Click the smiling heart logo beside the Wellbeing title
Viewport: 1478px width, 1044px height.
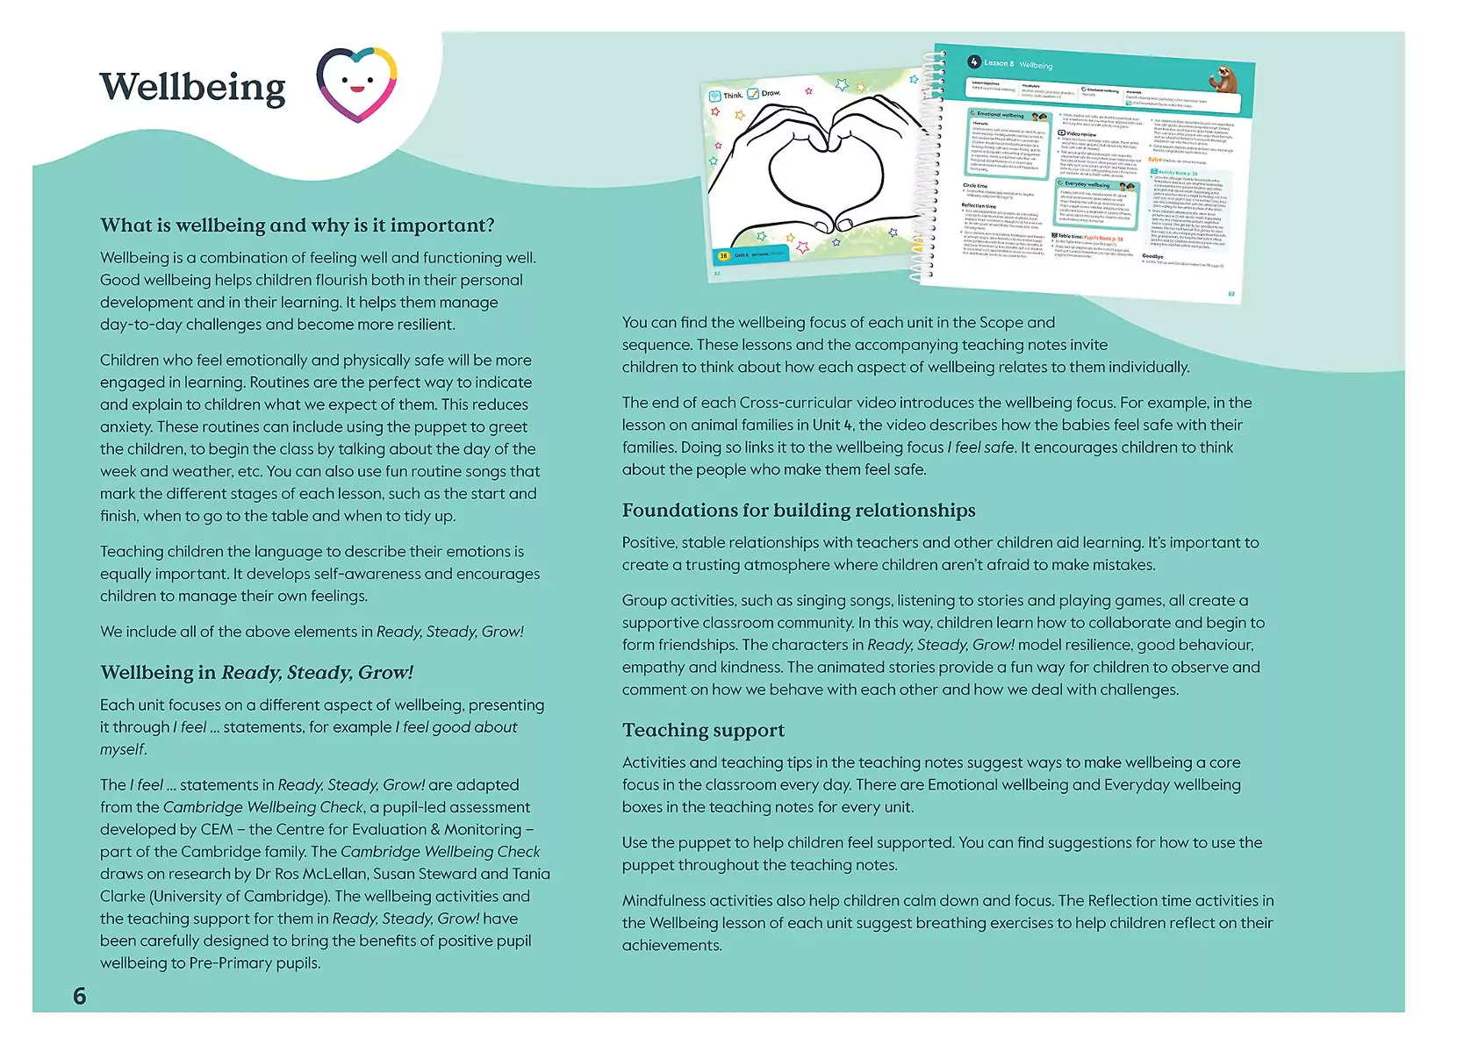[x=356, y=84]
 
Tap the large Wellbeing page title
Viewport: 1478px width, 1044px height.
[x=192, y=87]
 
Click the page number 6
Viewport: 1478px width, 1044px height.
[x=80, y=996]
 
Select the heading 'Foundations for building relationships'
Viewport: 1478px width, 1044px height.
[x=799, y=511]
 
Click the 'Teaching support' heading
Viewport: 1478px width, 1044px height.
[x=703, y=730]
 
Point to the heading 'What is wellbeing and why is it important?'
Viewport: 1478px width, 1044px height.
[x=297, y=225]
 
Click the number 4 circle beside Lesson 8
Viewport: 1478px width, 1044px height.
[x=973, y=62]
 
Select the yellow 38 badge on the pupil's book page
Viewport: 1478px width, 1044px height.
[x=723, y=256]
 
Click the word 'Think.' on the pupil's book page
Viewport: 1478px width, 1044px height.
[x=733, y=96]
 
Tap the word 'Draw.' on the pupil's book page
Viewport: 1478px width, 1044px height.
[x=771, y=93]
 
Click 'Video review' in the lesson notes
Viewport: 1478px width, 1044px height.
[x=1080, y=134]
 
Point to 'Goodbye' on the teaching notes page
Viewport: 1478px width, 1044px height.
[x=1152, y=256]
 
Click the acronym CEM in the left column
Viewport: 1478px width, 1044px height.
[x=217, y=829]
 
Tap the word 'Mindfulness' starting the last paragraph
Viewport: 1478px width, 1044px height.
[x=663, y=901]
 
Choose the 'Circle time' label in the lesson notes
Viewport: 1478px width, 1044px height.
[x=974, y=186]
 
